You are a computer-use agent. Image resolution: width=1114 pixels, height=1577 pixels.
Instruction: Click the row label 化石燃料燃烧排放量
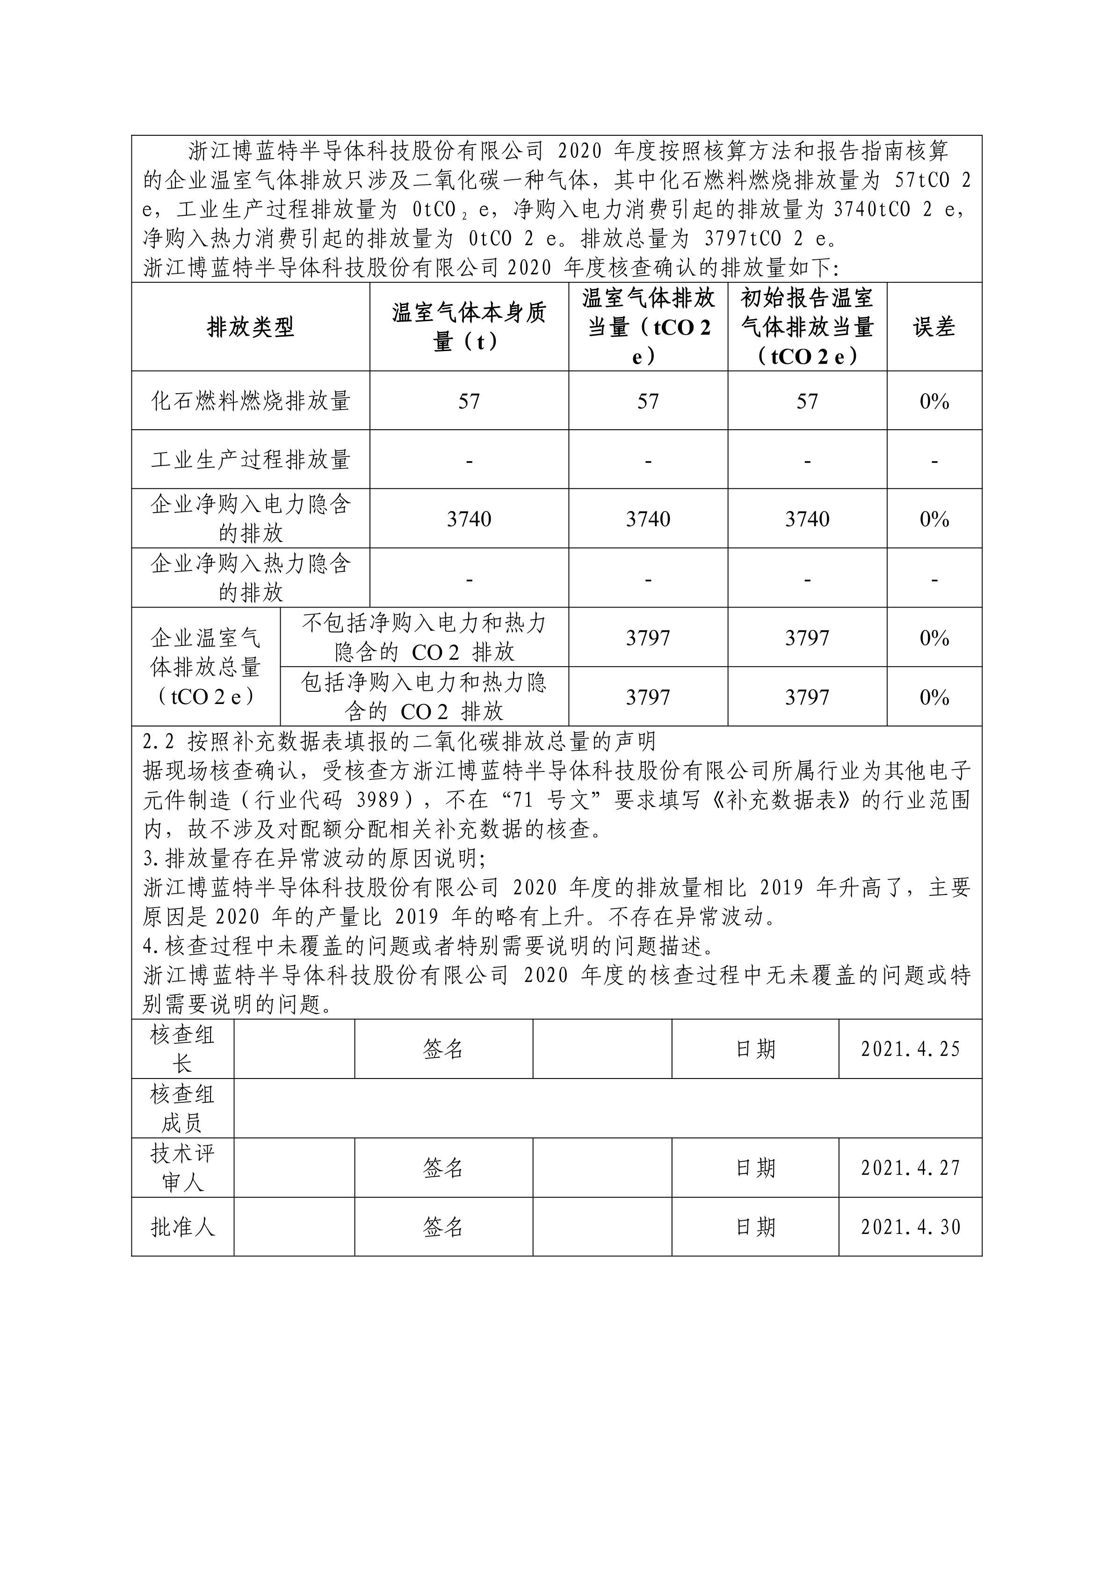(x=251, y=401)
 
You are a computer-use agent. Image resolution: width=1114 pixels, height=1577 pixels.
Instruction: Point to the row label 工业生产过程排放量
(x=251, y=460)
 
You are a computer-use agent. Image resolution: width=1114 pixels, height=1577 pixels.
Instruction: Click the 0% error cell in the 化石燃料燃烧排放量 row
(x=933, y=402)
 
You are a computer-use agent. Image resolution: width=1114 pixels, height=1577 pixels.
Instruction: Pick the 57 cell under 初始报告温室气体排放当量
(x=807, y=402)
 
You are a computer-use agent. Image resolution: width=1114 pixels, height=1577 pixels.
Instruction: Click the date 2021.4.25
(x=910, y=1049)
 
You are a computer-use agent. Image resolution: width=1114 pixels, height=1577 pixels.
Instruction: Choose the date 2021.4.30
(x=910, y=1227)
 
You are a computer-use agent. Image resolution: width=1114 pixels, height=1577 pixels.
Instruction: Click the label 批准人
(x=182, y=1227)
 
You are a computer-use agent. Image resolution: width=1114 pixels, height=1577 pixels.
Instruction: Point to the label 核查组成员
(x=182, y=1108)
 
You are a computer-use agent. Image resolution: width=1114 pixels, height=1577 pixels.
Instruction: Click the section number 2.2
(x=159, y=742)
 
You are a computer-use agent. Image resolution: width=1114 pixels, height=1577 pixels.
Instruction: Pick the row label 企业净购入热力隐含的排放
(x=251, y=578)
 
